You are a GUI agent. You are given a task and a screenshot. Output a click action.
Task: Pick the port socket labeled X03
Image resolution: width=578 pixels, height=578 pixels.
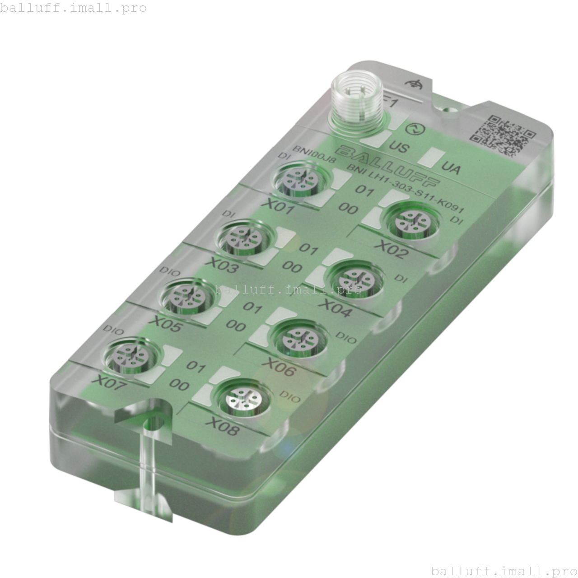pyautogui.click(x=244, y=238)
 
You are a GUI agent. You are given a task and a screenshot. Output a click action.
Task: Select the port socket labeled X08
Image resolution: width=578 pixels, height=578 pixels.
pyautogui.click(x=243, y=398)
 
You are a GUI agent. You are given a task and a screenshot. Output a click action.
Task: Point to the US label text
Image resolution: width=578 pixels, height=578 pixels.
pyautogui.click(x=399, y=147)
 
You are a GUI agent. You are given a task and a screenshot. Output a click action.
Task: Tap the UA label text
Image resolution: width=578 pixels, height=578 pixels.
pyautogui.click(x=451, y=168)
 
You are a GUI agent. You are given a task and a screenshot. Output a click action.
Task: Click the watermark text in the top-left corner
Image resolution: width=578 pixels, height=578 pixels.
pyautogui.click(x=73, y=8)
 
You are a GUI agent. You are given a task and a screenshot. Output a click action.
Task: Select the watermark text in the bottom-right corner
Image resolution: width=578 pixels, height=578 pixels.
pyautogui.click(x=504, y=570)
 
